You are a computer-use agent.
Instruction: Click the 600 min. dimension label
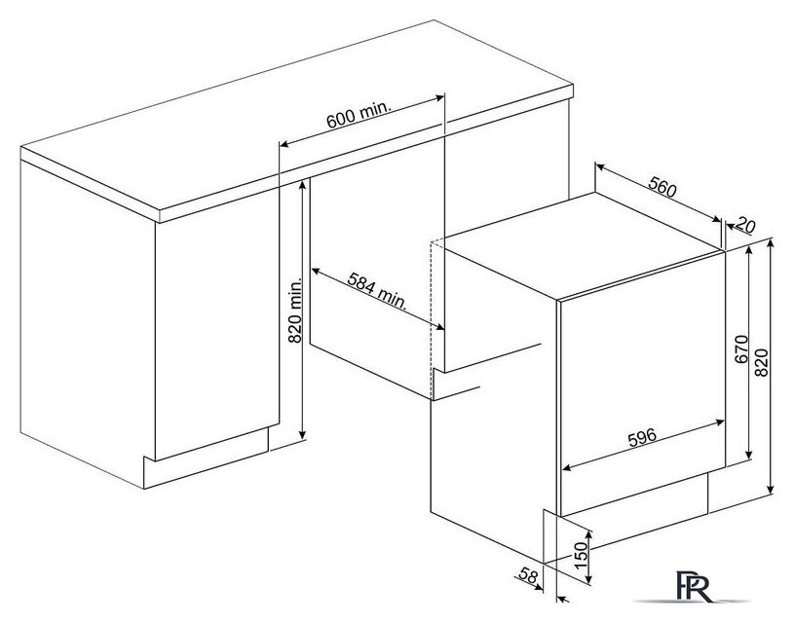[359, 116]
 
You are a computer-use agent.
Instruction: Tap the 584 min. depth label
[377, 290]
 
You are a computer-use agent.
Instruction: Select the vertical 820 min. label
[295, 310]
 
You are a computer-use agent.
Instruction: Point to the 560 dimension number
[662, 187]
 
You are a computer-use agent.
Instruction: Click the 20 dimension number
[745, 224]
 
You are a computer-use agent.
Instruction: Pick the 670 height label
[741, 349]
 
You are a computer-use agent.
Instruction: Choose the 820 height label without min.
[762, 362]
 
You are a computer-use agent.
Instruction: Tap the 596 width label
[642, 437]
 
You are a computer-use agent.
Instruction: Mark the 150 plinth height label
[583, 555]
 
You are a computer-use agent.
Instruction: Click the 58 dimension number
[528, 575]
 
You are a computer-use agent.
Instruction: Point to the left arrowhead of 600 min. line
[284, 144]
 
